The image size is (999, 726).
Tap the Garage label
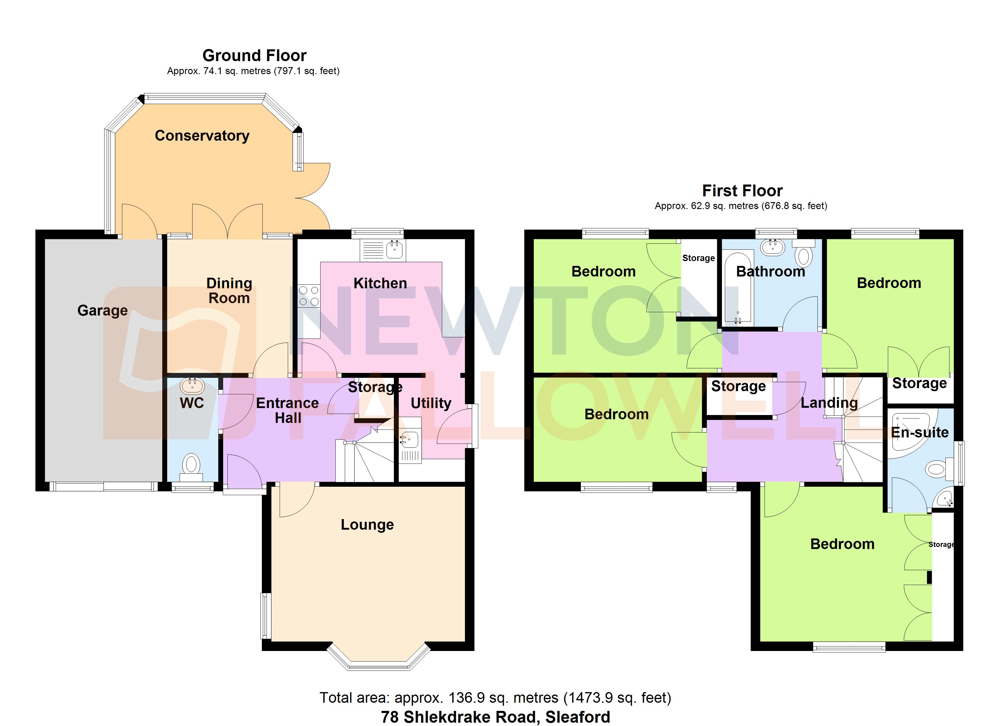102,310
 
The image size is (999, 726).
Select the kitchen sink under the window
394,250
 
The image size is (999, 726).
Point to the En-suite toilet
936,469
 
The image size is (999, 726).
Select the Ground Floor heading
254,55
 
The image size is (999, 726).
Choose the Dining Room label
229,291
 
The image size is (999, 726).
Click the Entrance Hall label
288,410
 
